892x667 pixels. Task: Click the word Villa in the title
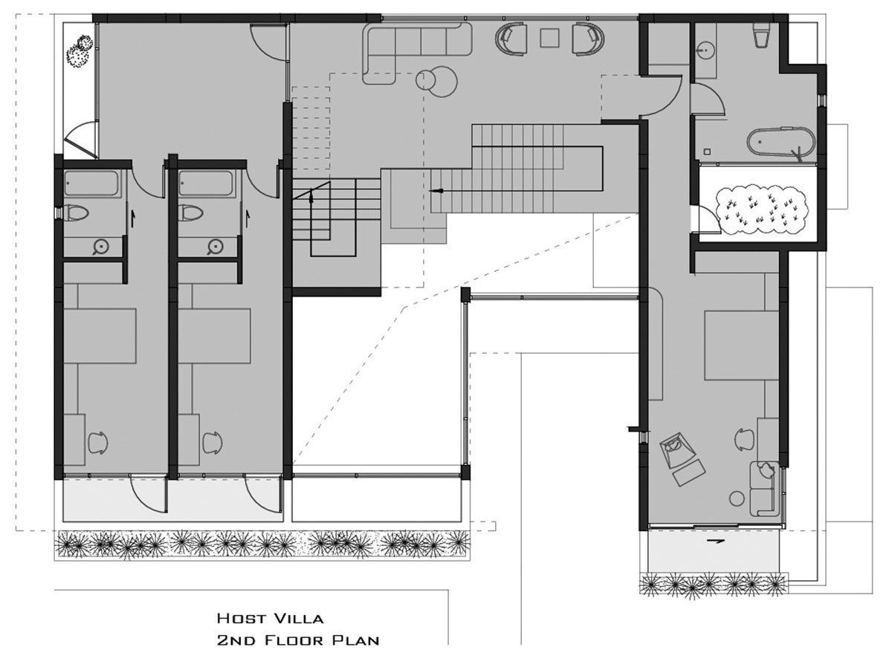(x=300, y=618)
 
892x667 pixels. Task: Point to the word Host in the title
(x=242, y=618)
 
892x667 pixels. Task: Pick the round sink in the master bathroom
(x=706, y=51)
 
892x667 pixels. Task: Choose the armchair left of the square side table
(x=511, y=38)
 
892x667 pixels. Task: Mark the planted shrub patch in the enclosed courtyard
(x=760, y=210)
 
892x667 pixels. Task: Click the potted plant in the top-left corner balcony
(x=80, y=51)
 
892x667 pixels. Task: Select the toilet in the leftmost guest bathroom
(x=76, y=212)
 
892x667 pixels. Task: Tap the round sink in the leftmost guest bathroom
(x=100, y=247)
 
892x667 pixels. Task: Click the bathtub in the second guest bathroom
(x=206, y=183)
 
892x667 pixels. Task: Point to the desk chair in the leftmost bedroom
(x=98, y=442)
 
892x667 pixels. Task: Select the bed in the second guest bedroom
(x=214, y=336)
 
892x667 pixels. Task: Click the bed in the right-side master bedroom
(x=741, y=345)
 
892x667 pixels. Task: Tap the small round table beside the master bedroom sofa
(x=737, y=498)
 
